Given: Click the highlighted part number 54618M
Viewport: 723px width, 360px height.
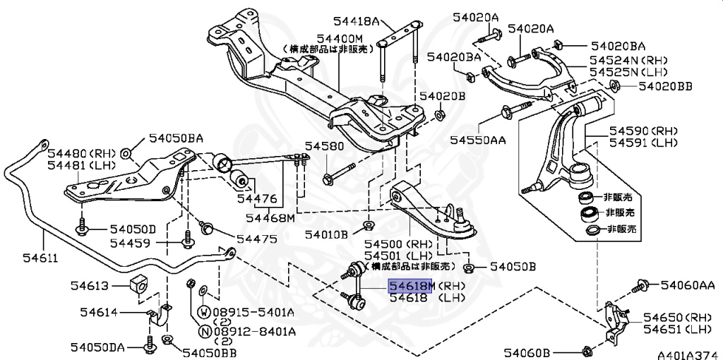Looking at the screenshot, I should click(x=410, y=287).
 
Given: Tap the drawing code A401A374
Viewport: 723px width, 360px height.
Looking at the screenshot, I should click(x=688, y=352).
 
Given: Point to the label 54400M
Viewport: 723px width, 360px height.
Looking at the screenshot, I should click(x=340, y=37).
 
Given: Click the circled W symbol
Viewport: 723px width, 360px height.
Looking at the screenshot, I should click(x=203, y=311).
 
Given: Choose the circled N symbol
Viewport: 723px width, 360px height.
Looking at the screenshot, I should click(x=203, y=331).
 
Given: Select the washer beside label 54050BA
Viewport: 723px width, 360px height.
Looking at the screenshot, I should click(x=126, y=152).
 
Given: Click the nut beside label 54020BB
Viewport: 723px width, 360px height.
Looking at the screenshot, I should click(x=614, y=87).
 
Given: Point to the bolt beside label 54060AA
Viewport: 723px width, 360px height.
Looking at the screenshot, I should click(x=641, y=285).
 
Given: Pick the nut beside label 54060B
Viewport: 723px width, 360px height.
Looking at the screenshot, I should click(x=587, y=351).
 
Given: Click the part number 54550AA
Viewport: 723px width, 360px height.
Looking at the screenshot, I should click(x=478, y=140).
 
